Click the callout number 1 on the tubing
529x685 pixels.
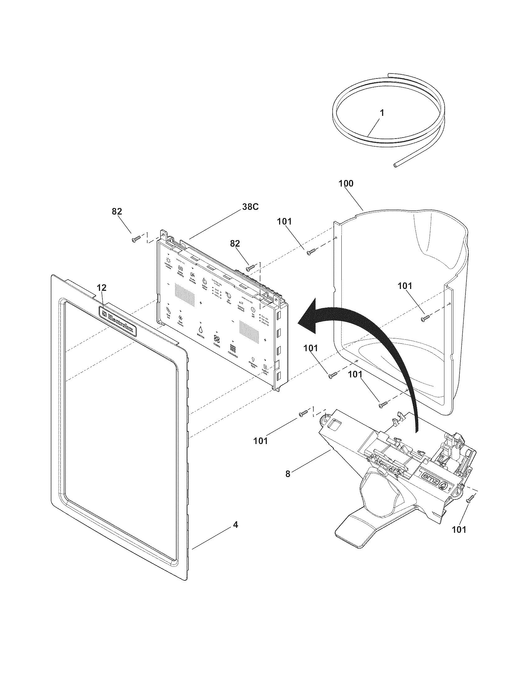[x=382, y=113]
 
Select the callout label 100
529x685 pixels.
[x=346, y=183]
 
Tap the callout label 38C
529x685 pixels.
[x=250, y=207]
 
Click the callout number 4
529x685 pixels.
[x=235, y=524]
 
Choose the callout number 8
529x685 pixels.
[x=288, y=474]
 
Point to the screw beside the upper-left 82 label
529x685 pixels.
[x=135, y=239]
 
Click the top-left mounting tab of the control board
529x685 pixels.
[x=163, y=233]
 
